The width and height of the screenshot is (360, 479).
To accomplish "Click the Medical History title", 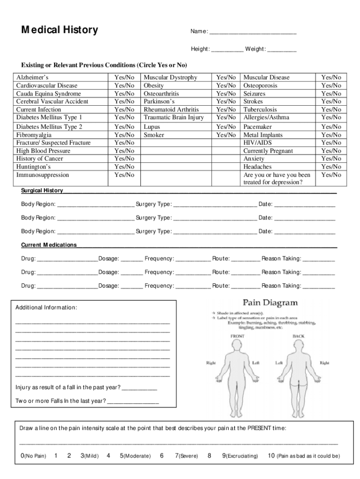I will click(59, 30).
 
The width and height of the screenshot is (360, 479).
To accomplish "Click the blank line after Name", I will click(252, 32).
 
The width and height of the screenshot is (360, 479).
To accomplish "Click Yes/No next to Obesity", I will click(225, 86).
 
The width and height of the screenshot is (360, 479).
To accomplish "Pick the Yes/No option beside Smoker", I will click(225, 135).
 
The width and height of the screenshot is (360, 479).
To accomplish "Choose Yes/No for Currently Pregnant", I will click(331, 151).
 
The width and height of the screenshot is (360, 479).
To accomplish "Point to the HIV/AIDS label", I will click(257, 143).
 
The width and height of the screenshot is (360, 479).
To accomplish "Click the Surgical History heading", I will click(42, 191).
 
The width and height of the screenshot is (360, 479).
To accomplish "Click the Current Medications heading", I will click(49, 245).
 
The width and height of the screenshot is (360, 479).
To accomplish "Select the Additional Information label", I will click(46, 307).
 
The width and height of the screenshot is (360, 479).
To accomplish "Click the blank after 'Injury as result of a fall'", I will click(139, 388).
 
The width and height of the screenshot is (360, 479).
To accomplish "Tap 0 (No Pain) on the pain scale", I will click(23, 456).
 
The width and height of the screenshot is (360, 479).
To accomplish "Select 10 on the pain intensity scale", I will click(271, 456).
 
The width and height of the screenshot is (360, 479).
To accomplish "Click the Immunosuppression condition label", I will click(43, 175).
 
